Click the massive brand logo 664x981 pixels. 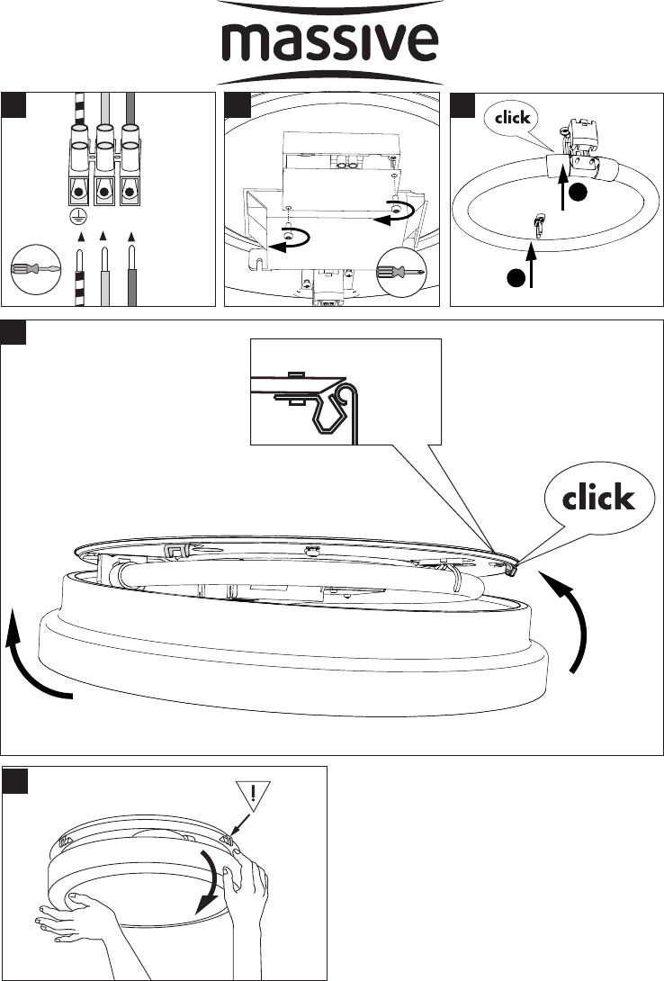click(x=331, y=42)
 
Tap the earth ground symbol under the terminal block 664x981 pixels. click(x=78, y=216)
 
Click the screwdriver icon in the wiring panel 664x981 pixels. click(x=36, y=269)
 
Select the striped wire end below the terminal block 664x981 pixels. click(x=80, y=277)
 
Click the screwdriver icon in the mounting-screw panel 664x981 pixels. click(x=400, y=272)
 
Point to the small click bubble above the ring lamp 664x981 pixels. click(x=512, y=118)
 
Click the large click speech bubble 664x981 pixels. click(x=598, y=498)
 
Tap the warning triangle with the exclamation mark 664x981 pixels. click(x=253, y=796)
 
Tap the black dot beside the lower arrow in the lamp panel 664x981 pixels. click(x=516, y=277)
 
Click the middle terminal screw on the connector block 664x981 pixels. click(x=104, y=192)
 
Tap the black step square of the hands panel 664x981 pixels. click(x=15, y=781)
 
